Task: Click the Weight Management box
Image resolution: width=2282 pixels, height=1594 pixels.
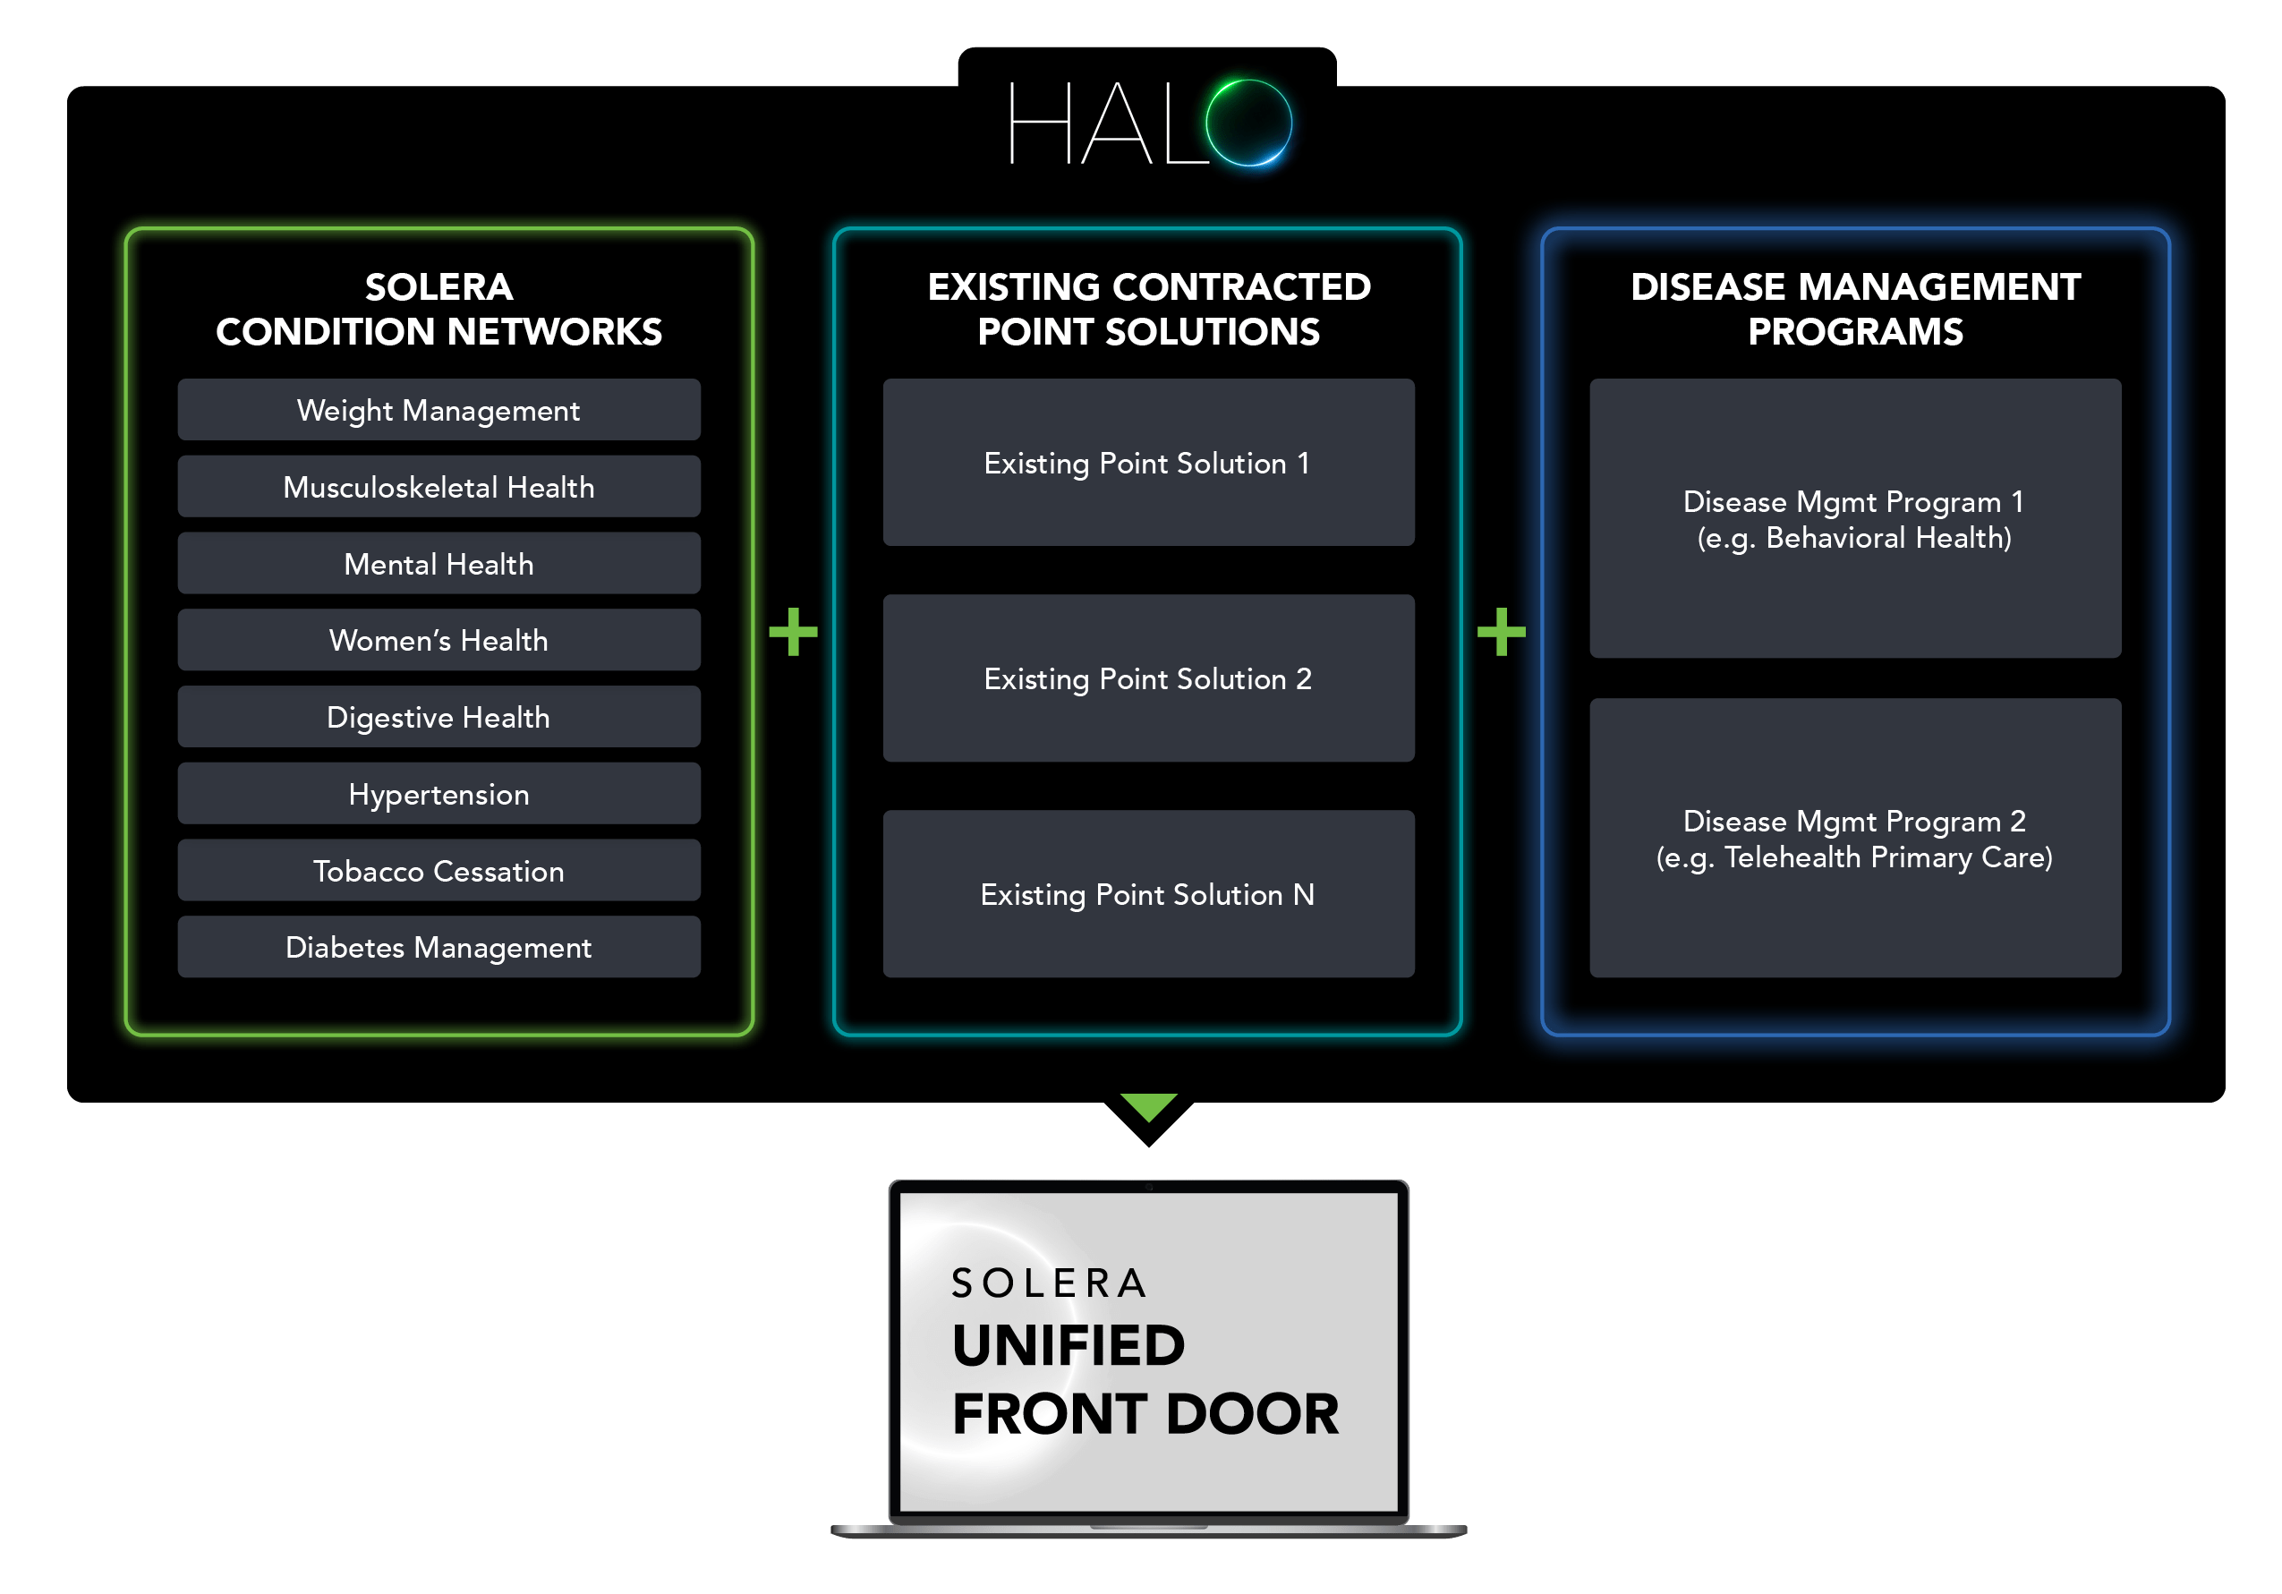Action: click(x=439, y=409)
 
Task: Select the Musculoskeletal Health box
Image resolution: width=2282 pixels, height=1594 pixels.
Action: click(x=439, y=486)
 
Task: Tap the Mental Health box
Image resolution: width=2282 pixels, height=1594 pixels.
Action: click(x=439, y=564)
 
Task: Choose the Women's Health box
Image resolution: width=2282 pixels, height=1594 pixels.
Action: click(x=439, y=640)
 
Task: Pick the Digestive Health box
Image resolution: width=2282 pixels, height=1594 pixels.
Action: click(x=439, y=717)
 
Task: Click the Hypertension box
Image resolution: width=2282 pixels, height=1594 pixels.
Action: click(x=439, y=793)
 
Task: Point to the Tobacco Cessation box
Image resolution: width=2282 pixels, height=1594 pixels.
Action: click(x=439, y=871)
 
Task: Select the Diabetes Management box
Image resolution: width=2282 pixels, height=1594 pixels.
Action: click(x=439, y=947)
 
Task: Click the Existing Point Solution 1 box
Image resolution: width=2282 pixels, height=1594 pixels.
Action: click(x=1148, y=462)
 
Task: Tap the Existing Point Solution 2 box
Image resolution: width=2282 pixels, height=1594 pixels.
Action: click(x=1148, y=678)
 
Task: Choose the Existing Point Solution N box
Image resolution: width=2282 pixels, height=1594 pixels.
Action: click(x=1148, y=893)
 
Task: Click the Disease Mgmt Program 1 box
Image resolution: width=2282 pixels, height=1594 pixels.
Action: click(x=1854, y=519)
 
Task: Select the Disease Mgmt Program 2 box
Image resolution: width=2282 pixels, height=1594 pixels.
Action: click(x=1854, y=838)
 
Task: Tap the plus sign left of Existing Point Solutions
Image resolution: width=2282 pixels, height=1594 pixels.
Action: click(x=793, y=632)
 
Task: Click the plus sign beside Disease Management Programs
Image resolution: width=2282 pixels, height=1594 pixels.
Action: click(x=1501, y=632)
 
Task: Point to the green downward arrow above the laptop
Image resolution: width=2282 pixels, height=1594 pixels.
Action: click(x=1148, y=1106)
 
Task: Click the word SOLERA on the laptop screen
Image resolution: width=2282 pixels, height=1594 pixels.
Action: click(x=1050, y=1283)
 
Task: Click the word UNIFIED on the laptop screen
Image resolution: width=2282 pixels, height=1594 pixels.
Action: click(x=1069, y=1344)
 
